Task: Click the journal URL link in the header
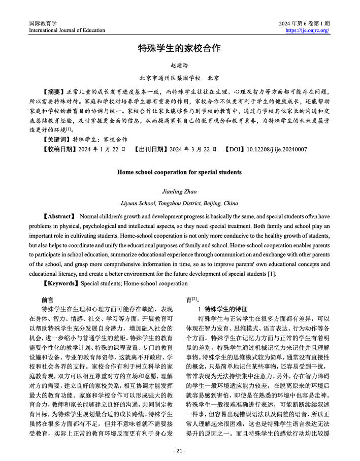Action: (x=308, y=30)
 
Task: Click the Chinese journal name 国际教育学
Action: (x=43, y=23)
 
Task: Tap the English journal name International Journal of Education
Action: (x=67, y=30)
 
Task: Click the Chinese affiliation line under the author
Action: (x=179, y=78)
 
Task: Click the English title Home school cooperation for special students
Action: (x=179, y=172)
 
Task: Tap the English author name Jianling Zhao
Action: (x=179, y=192)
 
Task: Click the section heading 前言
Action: (x=47, y=300)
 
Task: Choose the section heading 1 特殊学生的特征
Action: (x=222, y=309)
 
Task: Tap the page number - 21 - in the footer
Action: (x=179, y=450)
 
